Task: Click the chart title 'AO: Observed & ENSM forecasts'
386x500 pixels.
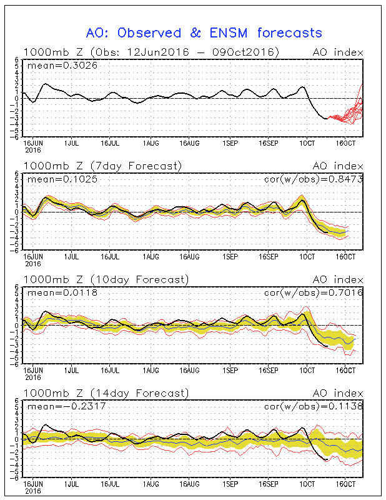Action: click(204, 33)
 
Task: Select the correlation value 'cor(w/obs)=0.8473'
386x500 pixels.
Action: click(314, 179)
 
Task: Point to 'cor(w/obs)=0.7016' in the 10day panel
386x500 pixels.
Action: click(314, 292)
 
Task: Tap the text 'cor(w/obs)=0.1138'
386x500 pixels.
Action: click(314, 406)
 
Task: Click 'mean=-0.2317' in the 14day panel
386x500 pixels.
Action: click(67, 407)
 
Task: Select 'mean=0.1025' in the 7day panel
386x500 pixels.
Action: click(62, 179)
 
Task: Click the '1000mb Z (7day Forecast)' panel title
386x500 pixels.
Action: click(102, 166)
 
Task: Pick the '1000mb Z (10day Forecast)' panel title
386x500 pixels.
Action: click(106, 279)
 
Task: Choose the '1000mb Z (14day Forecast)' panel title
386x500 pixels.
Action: click(106, 393)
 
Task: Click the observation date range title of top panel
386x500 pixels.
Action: click(151, 52)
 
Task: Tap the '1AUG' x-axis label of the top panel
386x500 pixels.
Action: click(151, 143)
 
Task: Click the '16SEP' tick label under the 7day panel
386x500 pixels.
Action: click(269, 257)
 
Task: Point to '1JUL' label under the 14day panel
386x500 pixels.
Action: click(71, 484)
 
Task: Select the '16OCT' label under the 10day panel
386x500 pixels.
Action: click(345, 371)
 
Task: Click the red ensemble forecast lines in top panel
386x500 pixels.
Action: click(346, 112)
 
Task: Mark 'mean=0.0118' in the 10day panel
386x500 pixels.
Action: click(62, 292)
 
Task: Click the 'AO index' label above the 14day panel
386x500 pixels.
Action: click(338, 393)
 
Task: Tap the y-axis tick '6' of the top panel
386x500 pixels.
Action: click(17, 60)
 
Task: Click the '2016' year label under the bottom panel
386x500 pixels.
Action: click(33, 491)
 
